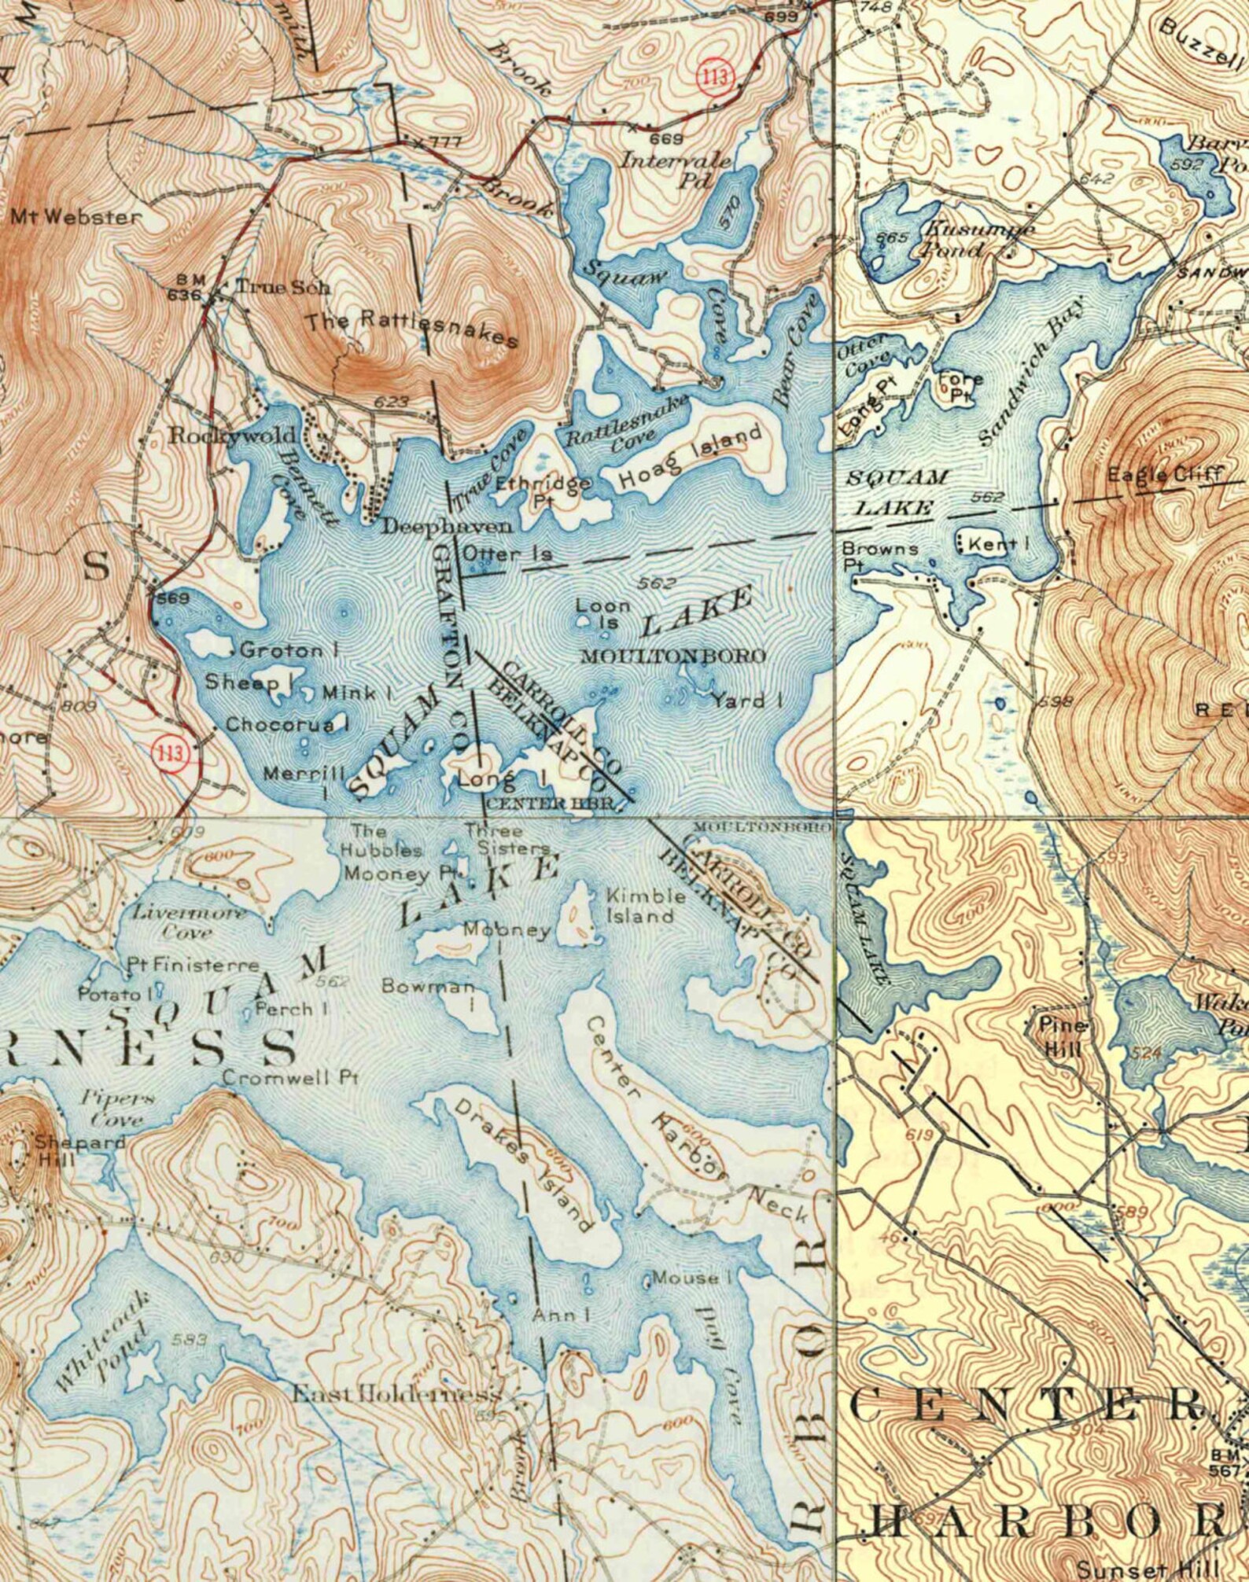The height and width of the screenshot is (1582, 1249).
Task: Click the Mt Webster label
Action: pos(76,216)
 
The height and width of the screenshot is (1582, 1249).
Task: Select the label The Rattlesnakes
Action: pos(412,329)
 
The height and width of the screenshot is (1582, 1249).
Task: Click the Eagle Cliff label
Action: pos(1164,474)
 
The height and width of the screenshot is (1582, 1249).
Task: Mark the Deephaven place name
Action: pos(447,527)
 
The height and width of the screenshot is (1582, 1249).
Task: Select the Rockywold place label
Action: pos(234,435)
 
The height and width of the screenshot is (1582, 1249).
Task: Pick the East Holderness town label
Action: pos(396,1395)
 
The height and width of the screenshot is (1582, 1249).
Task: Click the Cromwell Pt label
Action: pos(290,1077)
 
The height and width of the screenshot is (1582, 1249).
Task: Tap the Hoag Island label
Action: pos(690,456)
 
